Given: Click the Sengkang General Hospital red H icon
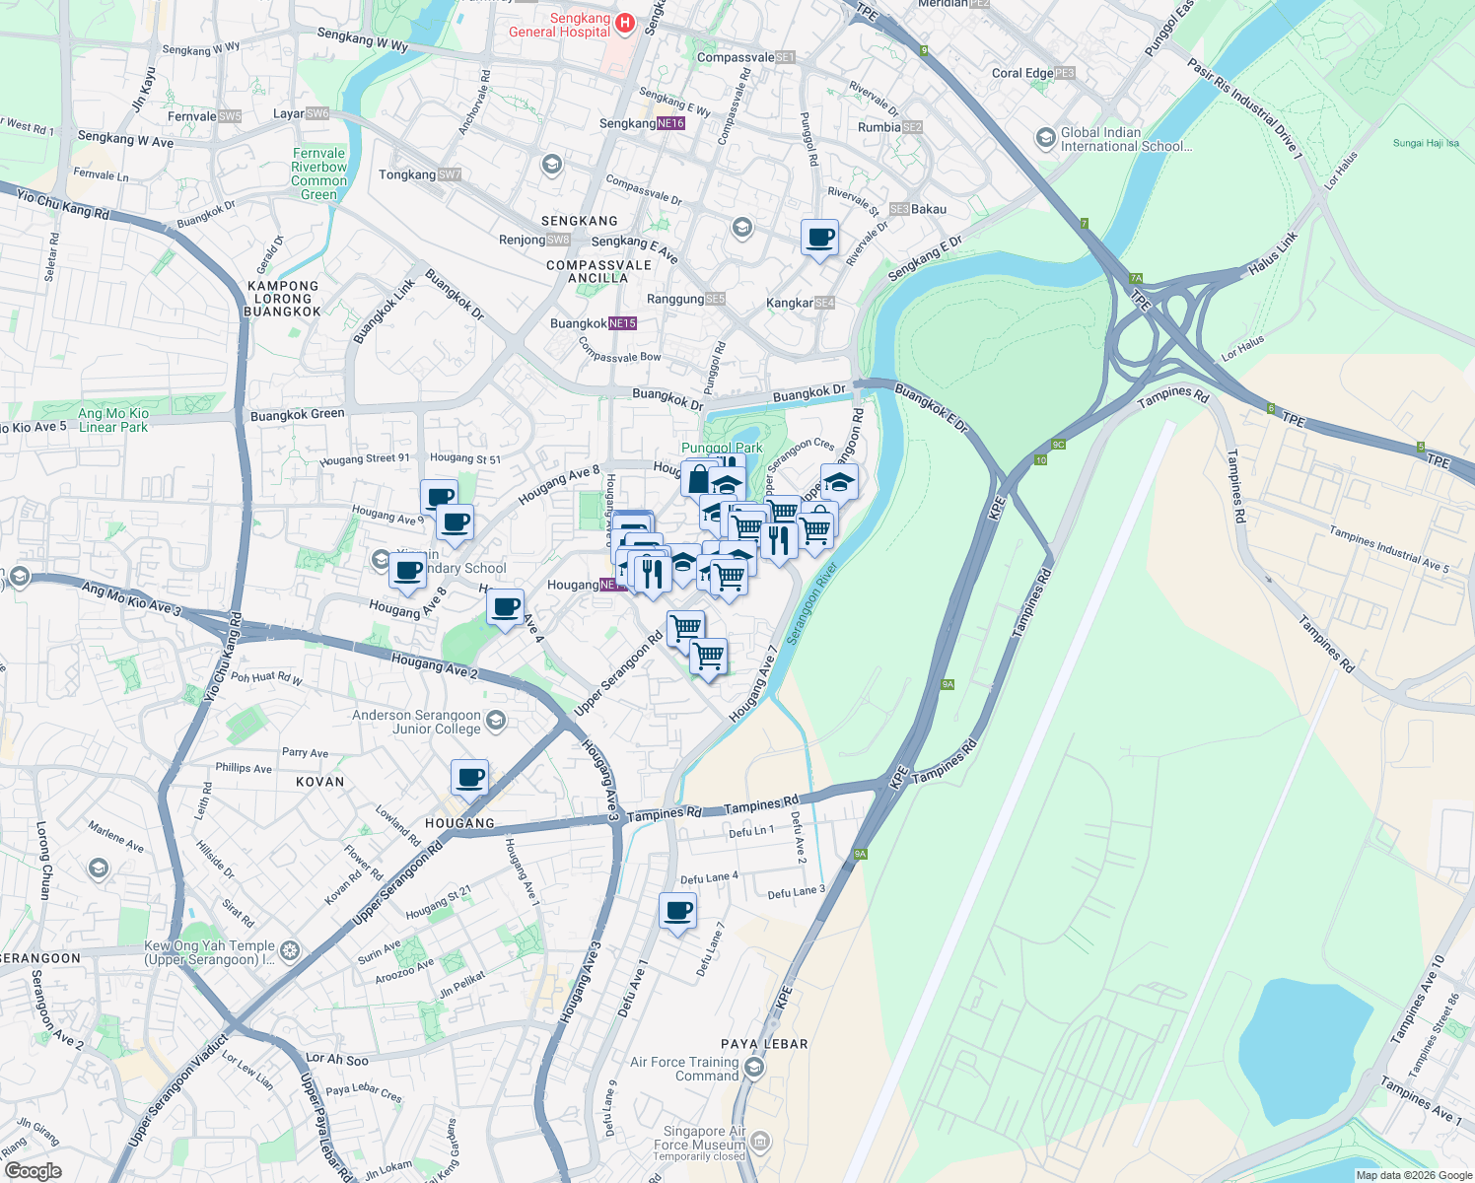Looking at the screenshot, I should coord(624,23).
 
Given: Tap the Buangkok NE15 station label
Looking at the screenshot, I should coord(593,323).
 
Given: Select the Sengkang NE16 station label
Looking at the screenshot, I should coord(642,123).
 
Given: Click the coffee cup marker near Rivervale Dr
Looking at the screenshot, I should coord(819,238).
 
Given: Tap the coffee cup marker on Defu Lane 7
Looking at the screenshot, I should coord(677,911).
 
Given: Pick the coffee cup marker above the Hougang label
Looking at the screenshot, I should coord(470,777).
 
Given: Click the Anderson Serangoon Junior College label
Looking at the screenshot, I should coord(416,722).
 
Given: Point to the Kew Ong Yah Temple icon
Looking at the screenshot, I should coord(290,950).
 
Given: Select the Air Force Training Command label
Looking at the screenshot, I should coord(684,1069).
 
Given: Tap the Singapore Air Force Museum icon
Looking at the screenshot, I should coord(760,1143).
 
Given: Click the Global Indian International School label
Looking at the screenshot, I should coord(1126,139).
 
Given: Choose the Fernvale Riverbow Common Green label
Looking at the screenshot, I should coord(318,174).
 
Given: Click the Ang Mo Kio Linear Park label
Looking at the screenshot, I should coord(113,420).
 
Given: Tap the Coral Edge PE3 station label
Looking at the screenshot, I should coord(1032,73).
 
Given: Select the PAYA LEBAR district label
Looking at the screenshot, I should coord(764,1044).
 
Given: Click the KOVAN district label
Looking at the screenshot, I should coord(320,782).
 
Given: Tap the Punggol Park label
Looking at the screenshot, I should coord(722,448).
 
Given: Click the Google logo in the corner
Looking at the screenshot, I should coord(33,1170).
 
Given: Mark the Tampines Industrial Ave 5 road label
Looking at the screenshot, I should coord(1388,549).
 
